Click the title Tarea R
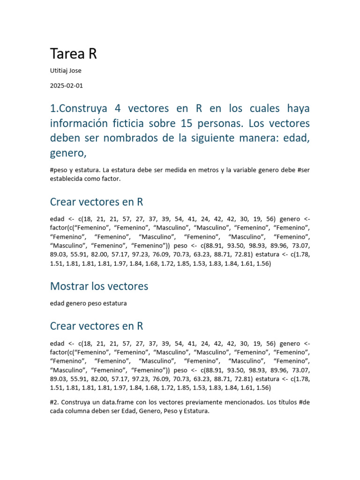click(x=73, y=54)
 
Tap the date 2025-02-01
click(x=66, y=86)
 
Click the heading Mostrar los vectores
click(x=99, y=286)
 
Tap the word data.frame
click(x=123, y=402)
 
